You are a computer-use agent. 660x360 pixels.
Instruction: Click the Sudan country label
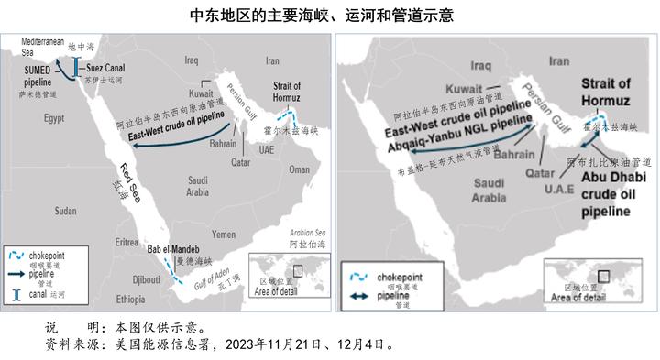coord(65,211)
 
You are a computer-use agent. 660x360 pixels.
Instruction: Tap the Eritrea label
coord(127,242)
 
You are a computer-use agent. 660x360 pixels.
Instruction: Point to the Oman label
coord(299,169)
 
